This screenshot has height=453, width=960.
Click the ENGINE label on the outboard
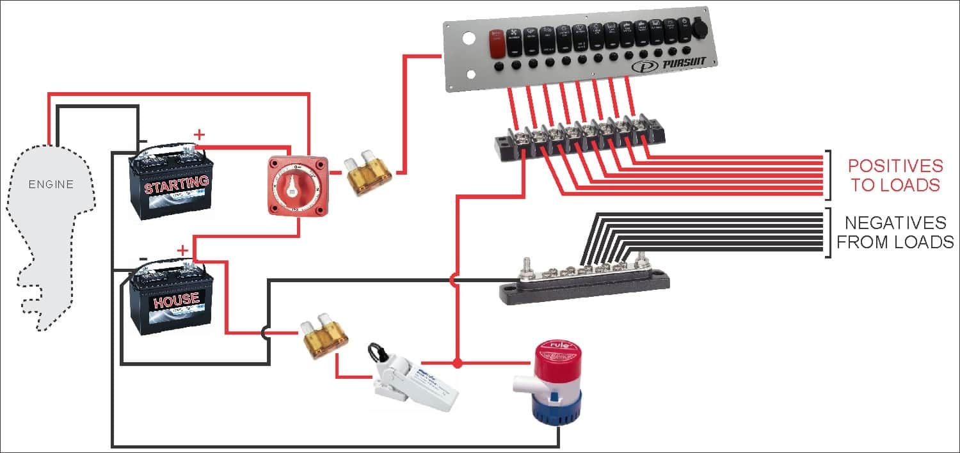51,185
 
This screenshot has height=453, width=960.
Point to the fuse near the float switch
325,337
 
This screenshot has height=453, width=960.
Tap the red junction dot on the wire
457,363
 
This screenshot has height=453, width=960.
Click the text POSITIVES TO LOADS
895,175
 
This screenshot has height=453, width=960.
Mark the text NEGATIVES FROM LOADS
895,232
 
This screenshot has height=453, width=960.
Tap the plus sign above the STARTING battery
200,134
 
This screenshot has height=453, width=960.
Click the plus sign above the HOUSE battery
183,250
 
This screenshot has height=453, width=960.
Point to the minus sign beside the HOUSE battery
143,259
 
